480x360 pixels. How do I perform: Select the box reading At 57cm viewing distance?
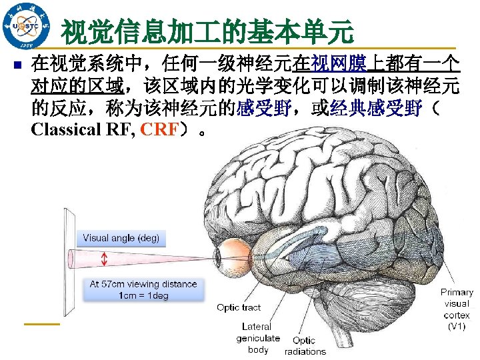click(x=143, y=289)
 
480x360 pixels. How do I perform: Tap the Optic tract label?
click(x=238, y=307)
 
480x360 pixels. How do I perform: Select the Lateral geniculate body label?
click(x=257, y=338)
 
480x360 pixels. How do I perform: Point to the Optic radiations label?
click(x=305, y=346)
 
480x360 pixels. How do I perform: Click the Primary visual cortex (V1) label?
click(x=457, y=309)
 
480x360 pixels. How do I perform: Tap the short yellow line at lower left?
click(x=41, y=324)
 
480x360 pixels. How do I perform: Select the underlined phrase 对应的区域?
click(x=73, y=87)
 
